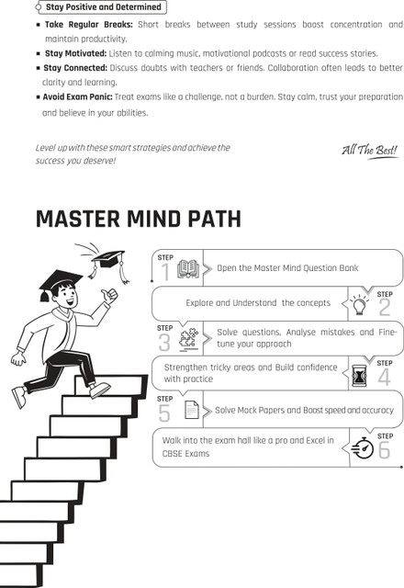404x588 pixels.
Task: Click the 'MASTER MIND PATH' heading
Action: [x=139, y=219]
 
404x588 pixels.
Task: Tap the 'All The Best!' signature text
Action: [x=369, y=151]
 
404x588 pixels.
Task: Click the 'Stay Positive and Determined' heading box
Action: [x=101, y=7]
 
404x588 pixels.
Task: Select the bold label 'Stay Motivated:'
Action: [x=75, y=53]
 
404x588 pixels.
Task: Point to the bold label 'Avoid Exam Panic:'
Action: [x=77, y=96]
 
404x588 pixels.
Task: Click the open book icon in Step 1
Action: [x=188, y=268]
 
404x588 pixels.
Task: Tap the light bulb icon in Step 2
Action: [x=359, y=304]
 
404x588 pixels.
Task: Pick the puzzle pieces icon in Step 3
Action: [x=188, y=339]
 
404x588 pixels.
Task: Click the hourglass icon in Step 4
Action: [x=359, y=376]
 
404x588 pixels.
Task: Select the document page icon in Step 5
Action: [x=192, y=410]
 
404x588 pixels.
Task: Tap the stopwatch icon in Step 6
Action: [x=363, y=447]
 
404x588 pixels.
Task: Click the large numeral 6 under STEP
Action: [x=384, y=449]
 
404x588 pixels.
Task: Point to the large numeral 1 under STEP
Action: [x=165, y=272]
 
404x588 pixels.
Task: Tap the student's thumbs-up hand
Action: [x=109, y=295]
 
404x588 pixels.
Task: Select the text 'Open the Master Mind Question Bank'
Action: [x=287, y=267]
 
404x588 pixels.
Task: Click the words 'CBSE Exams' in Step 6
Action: [x=185, y=453]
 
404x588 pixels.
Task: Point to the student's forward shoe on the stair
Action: [x=100, y=390]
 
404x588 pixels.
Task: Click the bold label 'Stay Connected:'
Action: [x=75, y=68]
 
